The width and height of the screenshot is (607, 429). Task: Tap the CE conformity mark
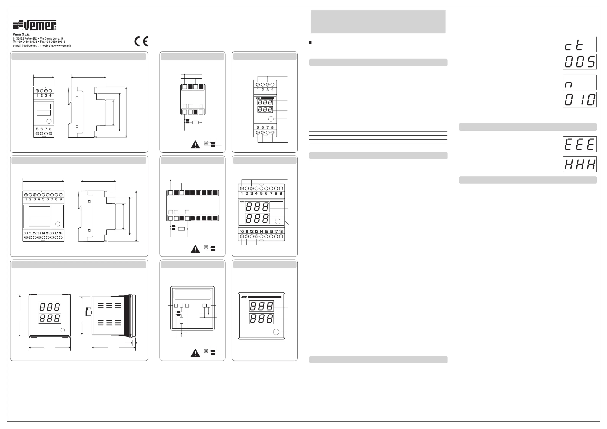(x=141, y=41)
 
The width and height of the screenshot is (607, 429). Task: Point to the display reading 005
(x=579, y=62)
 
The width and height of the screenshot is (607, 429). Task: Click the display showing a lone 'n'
(x=579, y=83)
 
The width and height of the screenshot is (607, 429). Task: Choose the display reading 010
(x=579, y=100)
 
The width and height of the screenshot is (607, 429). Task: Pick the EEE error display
(x=579, y=144)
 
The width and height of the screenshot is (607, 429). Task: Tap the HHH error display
(x=579, y=164)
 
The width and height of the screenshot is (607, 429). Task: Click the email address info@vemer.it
(x=30, y=46)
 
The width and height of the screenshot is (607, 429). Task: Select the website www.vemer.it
(x=62, y=46)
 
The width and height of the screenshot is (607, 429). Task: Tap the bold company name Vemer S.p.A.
(x=21, y=34)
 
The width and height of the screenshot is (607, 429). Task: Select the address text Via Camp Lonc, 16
(x=52, y=39)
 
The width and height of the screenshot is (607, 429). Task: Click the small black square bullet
(x=310, y=42)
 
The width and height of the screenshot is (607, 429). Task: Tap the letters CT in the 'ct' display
(x=574, y=45)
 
